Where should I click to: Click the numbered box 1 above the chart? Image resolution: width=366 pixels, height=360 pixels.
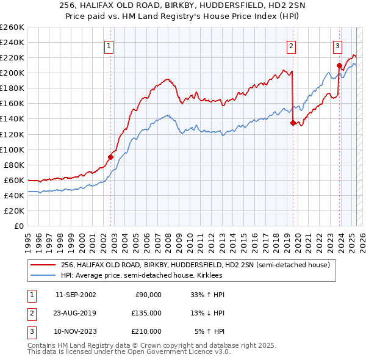tap(109, 45)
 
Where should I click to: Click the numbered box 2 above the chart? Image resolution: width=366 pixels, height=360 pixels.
tap(292, 45)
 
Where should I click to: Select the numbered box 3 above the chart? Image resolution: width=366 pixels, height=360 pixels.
tap(337, 45)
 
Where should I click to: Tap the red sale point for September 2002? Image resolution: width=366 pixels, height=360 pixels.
tap(111, 157)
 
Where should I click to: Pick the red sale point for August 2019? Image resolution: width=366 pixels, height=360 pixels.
tap(293, 123)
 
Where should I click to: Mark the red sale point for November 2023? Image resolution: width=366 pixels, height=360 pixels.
tap(339, 65)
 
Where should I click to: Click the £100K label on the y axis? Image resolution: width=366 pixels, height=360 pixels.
tap(12, 149)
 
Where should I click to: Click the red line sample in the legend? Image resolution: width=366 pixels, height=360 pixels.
tap(43, 265)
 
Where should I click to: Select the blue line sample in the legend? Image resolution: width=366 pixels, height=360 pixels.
tap(43, 275)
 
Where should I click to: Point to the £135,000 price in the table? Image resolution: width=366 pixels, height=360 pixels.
tap(146, 313)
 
